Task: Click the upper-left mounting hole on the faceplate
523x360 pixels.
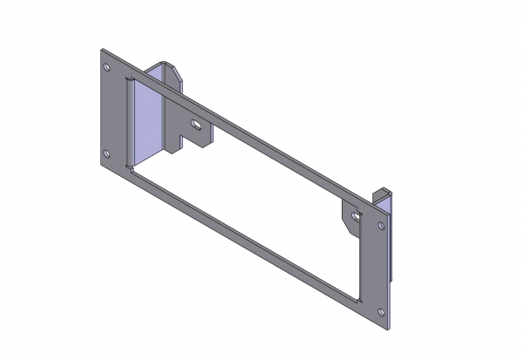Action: tap(107, 67)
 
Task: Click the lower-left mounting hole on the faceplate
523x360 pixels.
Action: tap(107, 153)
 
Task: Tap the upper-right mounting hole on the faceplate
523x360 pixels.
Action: tap(382, 226)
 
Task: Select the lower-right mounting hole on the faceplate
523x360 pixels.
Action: tap(382, 311)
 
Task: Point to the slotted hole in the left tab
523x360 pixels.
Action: tap(198, 124)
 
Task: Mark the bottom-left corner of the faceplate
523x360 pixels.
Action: tap(101, 169)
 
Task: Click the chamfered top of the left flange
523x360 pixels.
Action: tap(169, 70)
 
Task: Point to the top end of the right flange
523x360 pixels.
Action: tap(383, 189)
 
